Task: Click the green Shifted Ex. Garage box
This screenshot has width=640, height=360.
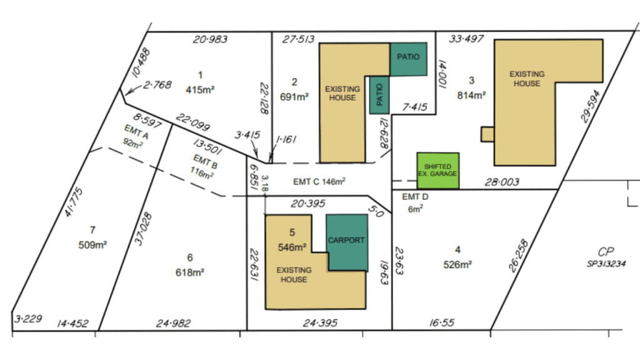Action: click(x=438, y=171)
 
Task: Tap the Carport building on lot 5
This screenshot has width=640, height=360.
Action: click(x=347, y=242)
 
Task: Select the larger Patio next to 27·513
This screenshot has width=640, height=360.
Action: click(x=409, y=59)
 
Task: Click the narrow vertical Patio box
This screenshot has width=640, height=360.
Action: click(x=379, y=95)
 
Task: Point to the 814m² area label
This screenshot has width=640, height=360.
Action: click(x=471, y=96)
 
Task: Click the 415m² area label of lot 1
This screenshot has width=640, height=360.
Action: click(x=200, y=90)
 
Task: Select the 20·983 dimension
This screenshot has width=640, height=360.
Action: click(x=210, y=39)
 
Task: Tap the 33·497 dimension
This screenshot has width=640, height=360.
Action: click(x=466, y=39)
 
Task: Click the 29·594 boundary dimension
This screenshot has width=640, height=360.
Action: click(x=591, y=106)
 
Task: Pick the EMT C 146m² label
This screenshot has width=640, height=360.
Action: click(x=319, y=182)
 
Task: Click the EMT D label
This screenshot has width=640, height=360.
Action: click(x=415, y=197)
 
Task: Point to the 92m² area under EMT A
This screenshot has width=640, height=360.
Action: click(x=132, y=143)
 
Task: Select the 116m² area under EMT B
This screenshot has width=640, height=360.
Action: click(x=202, y=173)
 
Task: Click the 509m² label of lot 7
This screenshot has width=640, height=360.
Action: click(x=92, y=245)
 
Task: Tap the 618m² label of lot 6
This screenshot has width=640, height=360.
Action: click(x=190, y=272)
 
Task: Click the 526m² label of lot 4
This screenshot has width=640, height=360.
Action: click(x=457, y=264)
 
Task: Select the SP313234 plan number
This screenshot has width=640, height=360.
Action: click(x=606, y=264)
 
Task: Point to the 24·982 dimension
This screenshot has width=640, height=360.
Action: click(x=173, y=324)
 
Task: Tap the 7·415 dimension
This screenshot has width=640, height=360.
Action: click(x=415, y=107)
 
